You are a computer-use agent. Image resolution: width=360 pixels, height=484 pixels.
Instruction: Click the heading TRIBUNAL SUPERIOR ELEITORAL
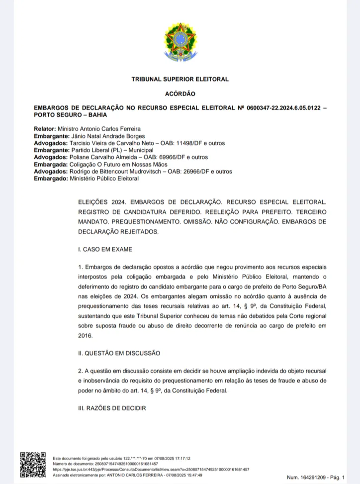180,79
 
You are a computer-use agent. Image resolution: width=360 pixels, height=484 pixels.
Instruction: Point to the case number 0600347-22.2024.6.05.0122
282,108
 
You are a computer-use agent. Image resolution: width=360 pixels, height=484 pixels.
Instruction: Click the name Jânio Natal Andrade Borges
108,136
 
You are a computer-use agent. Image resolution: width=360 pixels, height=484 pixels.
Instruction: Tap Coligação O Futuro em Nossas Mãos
125,164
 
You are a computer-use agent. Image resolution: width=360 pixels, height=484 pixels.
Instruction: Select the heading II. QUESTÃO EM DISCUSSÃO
119,353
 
